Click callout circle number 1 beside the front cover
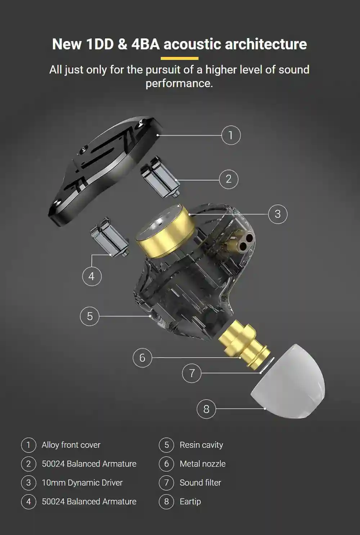click(x=231, y=135)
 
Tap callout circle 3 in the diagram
click(x=278, y=214)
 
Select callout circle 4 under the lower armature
click(x=92, y=276)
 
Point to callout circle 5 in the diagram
click(x=90, y=316)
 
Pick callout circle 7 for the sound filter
click(x=192, y=373)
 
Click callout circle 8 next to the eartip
click(x=206, y=409)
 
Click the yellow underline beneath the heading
click(x=179, y=58)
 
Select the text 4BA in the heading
click(x=145, y=44)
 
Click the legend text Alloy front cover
click(x=71, y=445)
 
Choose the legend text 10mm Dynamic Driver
click(x=82, y=483)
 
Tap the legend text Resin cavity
click(x=201, y=445)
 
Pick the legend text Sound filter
click(x=200, y=483)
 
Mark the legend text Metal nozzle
click(x=202, y=464)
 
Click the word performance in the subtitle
click(x=179, y=83)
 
